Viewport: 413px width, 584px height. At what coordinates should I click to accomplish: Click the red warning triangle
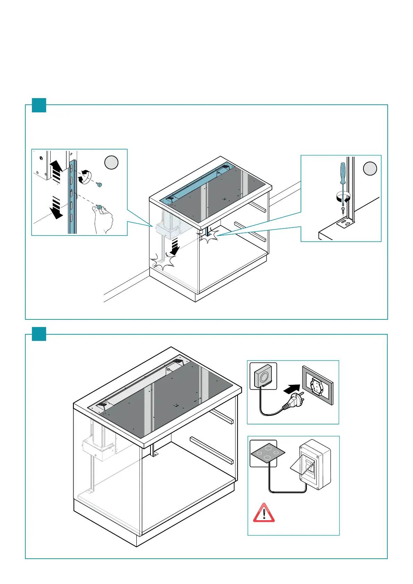264,513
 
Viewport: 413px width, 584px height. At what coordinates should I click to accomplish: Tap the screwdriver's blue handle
343,173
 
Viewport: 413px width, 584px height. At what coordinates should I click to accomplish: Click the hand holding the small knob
104,218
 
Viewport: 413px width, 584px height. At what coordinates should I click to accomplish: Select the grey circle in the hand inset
111,163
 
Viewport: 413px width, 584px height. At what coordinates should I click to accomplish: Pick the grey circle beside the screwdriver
370,169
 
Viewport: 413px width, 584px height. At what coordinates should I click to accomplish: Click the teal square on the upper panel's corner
39,105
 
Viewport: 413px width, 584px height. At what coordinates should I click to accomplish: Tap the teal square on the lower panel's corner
39,334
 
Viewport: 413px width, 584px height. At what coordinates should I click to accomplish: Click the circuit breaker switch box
315,464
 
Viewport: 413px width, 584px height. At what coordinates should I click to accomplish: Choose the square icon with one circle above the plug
263,376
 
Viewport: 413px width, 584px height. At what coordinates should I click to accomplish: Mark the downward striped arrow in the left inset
56,207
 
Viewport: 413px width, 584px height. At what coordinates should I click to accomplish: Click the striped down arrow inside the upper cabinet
175,246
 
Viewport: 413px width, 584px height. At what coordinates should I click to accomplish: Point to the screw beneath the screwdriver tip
343,210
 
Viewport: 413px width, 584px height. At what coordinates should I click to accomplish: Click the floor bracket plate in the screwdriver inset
345,223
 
